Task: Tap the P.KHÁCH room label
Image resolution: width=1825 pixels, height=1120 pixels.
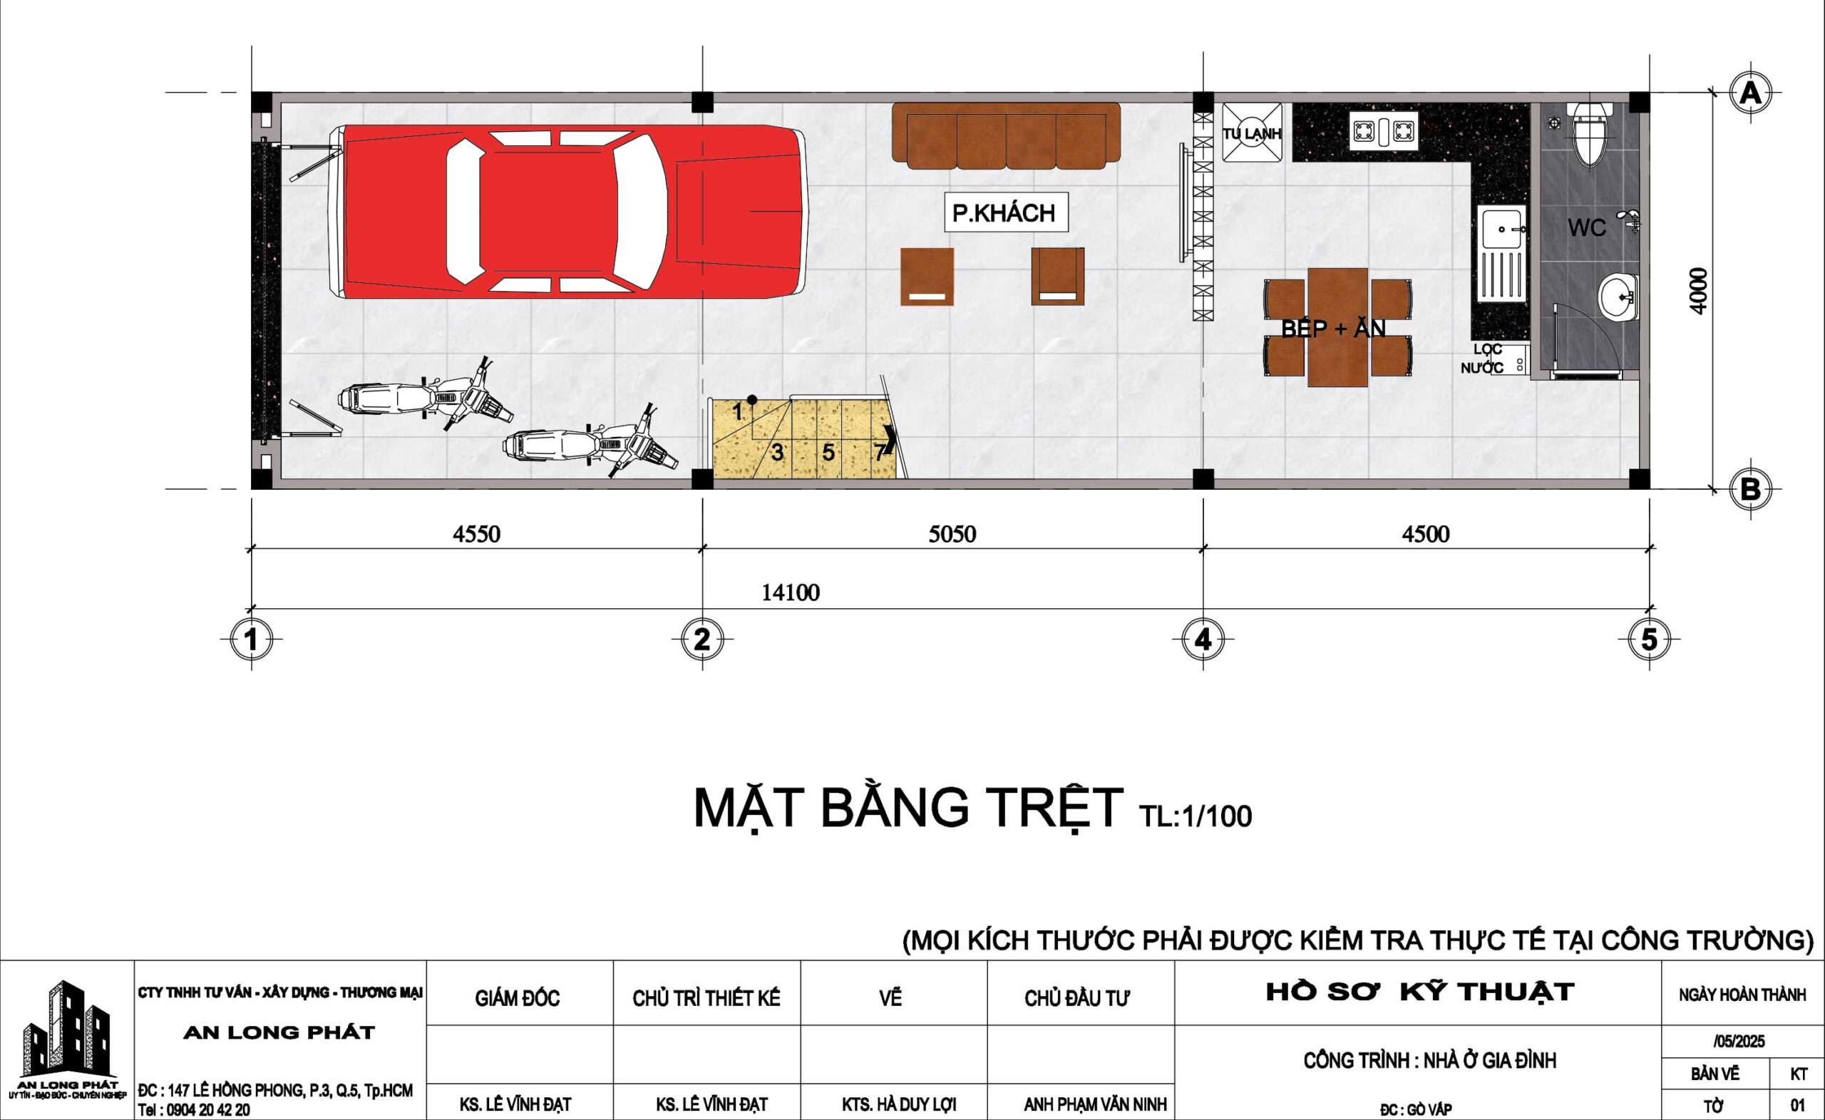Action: click(x=1004, y=213)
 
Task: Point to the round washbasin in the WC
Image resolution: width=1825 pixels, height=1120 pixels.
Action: click(x=1618, y=298)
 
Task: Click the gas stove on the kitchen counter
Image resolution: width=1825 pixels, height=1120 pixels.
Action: click(x=1384, y=130)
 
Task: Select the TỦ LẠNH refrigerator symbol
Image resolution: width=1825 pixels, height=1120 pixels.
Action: click(x=1252, y=133)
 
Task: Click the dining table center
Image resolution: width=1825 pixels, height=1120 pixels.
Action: click(x=1337, y=327)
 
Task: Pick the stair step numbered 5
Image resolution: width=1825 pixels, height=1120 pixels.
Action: click(x=828, y=452)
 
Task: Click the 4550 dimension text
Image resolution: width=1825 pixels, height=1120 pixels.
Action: click(x=477, y=533)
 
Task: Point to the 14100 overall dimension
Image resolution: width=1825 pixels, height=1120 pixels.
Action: click(x=791, y=593)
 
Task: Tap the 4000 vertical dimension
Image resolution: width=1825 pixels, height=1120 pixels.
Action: click(x=1699, y=290)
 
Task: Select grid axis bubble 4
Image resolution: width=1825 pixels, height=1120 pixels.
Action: click(x=1203, y=639)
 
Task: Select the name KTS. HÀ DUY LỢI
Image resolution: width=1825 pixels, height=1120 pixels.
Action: click(x=898, y=1104)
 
